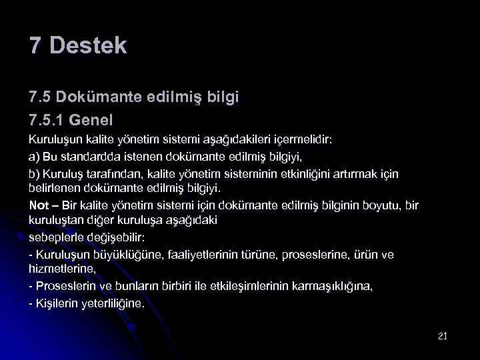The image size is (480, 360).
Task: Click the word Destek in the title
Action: [x=87, y=46]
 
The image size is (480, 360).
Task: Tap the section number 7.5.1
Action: [x=49, y=121]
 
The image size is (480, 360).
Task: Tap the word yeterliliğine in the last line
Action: [x=103, y=303]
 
